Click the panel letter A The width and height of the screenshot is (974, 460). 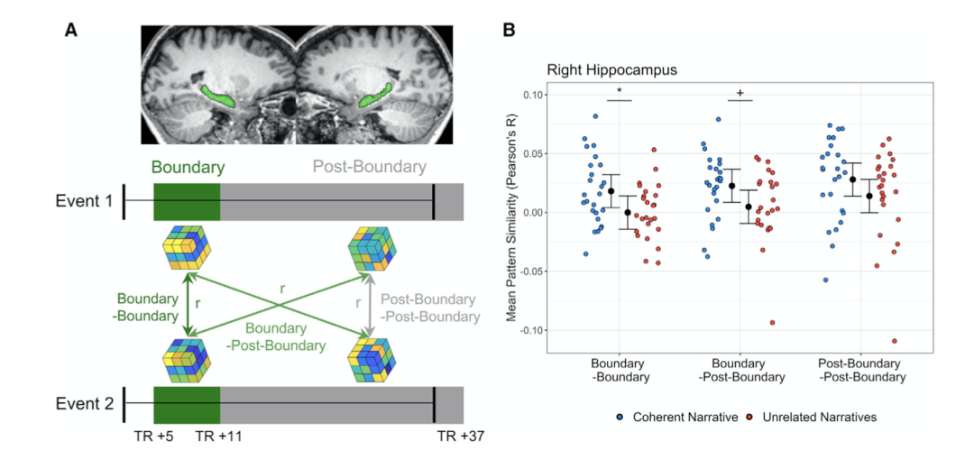tap(72, 30)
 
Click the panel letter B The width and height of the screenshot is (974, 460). tap(510, 30)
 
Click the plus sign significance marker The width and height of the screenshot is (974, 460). tap(740, 93)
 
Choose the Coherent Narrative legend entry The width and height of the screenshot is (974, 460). tap(678, 417)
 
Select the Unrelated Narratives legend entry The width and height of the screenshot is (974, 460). tap(813, 417)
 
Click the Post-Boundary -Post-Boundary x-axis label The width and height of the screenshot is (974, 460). tap(860, 371)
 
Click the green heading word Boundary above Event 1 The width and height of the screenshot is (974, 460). tap(187, 167)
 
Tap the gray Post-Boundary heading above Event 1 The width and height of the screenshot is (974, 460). tap(370, 167)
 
